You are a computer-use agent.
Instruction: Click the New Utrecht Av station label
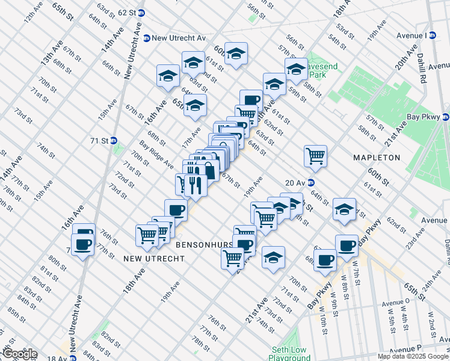click(179, 38)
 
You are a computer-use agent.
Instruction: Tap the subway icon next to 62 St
click(141, 13)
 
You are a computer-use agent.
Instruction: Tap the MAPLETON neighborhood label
click(377, 158)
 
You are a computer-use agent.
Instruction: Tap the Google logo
click(20, 354)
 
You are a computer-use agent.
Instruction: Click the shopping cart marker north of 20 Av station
click(315, 156)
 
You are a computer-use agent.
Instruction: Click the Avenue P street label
click(406, 350)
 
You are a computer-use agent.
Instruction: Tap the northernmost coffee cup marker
click(251, 100)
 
